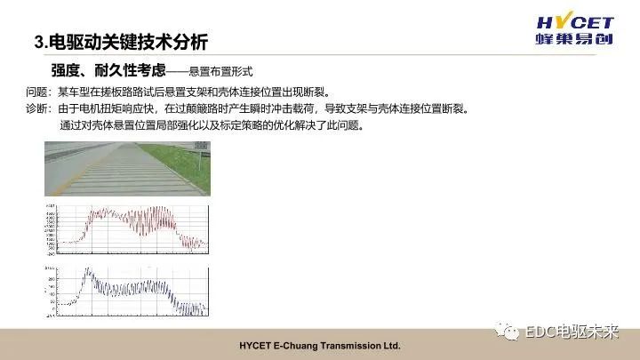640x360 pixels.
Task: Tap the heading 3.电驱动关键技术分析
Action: click(x=120, y=42)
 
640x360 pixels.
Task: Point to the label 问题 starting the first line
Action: click(x=38, y=92)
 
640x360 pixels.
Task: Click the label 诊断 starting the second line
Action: click(x=38, y=108)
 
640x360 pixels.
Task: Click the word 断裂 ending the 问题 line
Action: click(x=316, y=92)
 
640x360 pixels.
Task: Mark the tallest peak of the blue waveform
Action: click(x=87, y=271)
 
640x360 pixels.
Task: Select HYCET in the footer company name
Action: click(x=259, y=345)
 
